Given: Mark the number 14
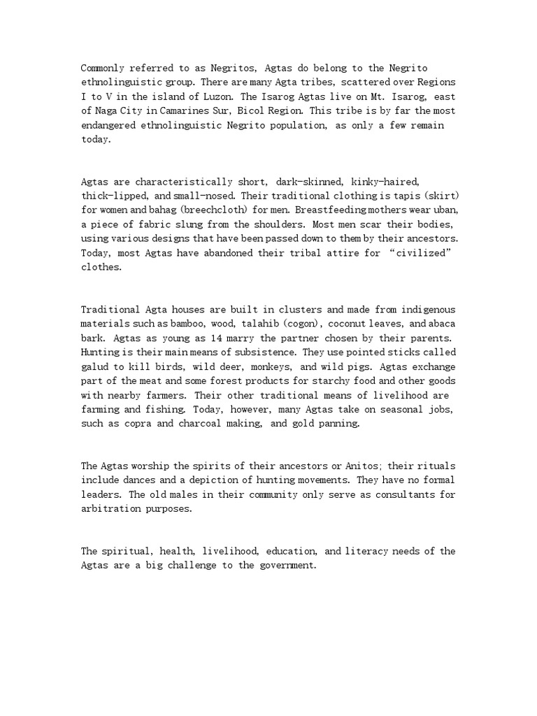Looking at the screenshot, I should click(176, 339).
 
